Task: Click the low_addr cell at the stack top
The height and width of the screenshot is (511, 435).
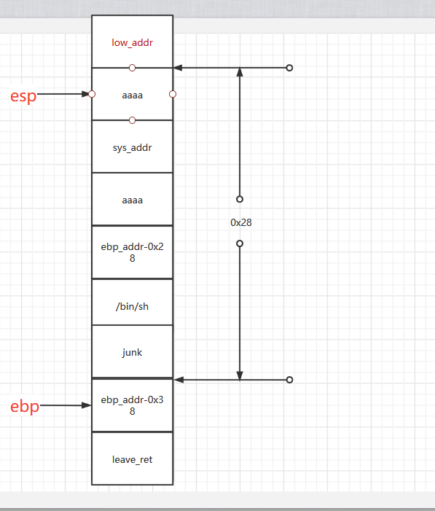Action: tap(132, 42)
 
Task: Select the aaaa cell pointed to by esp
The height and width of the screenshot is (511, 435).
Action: tap(132, 95)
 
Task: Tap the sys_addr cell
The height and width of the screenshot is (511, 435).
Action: tap(132, 147)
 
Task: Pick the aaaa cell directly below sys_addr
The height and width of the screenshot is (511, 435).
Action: tap(132, 200)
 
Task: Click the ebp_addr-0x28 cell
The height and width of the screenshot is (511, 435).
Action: tap(132, 252)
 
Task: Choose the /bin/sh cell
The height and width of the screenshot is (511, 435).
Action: tap(132, 306)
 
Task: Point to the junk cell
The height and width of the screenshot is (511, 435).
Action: tap(132, 352)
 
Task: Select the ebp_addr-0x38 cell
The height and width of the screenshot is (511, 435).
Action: tap(132, 405)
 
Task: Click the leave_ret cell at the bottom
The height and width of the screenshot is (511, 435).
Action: tap(132, 459)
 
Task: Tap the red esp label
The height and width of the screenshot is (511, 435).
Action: tap(23, 95)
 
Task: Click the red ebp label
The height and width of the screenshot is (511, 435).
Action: tap(24, 407)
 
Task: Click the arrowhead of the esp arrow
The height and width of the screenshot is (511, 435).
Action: tap(86, 94)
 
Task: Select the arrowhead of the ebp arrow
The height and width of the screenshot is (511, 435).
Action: tap(86, 405)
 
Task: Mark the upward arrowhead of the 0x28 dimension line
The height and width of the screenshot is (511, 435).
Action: tap(240, 72)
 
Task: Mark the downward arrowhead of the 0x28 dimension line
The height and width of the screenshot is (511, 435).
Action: tap(240, 375)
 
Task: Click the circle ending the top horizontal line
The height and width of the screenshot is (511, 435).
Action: tap(289, 68)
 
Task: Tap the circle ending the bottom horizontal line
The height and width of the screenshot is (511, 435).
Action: tap(289, 380)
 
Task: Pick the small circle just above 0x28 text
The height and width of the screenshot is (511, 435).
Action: tap(240, 198)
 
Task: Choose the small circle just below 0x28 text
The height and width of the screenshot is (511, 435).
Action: tap(240, 243)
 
